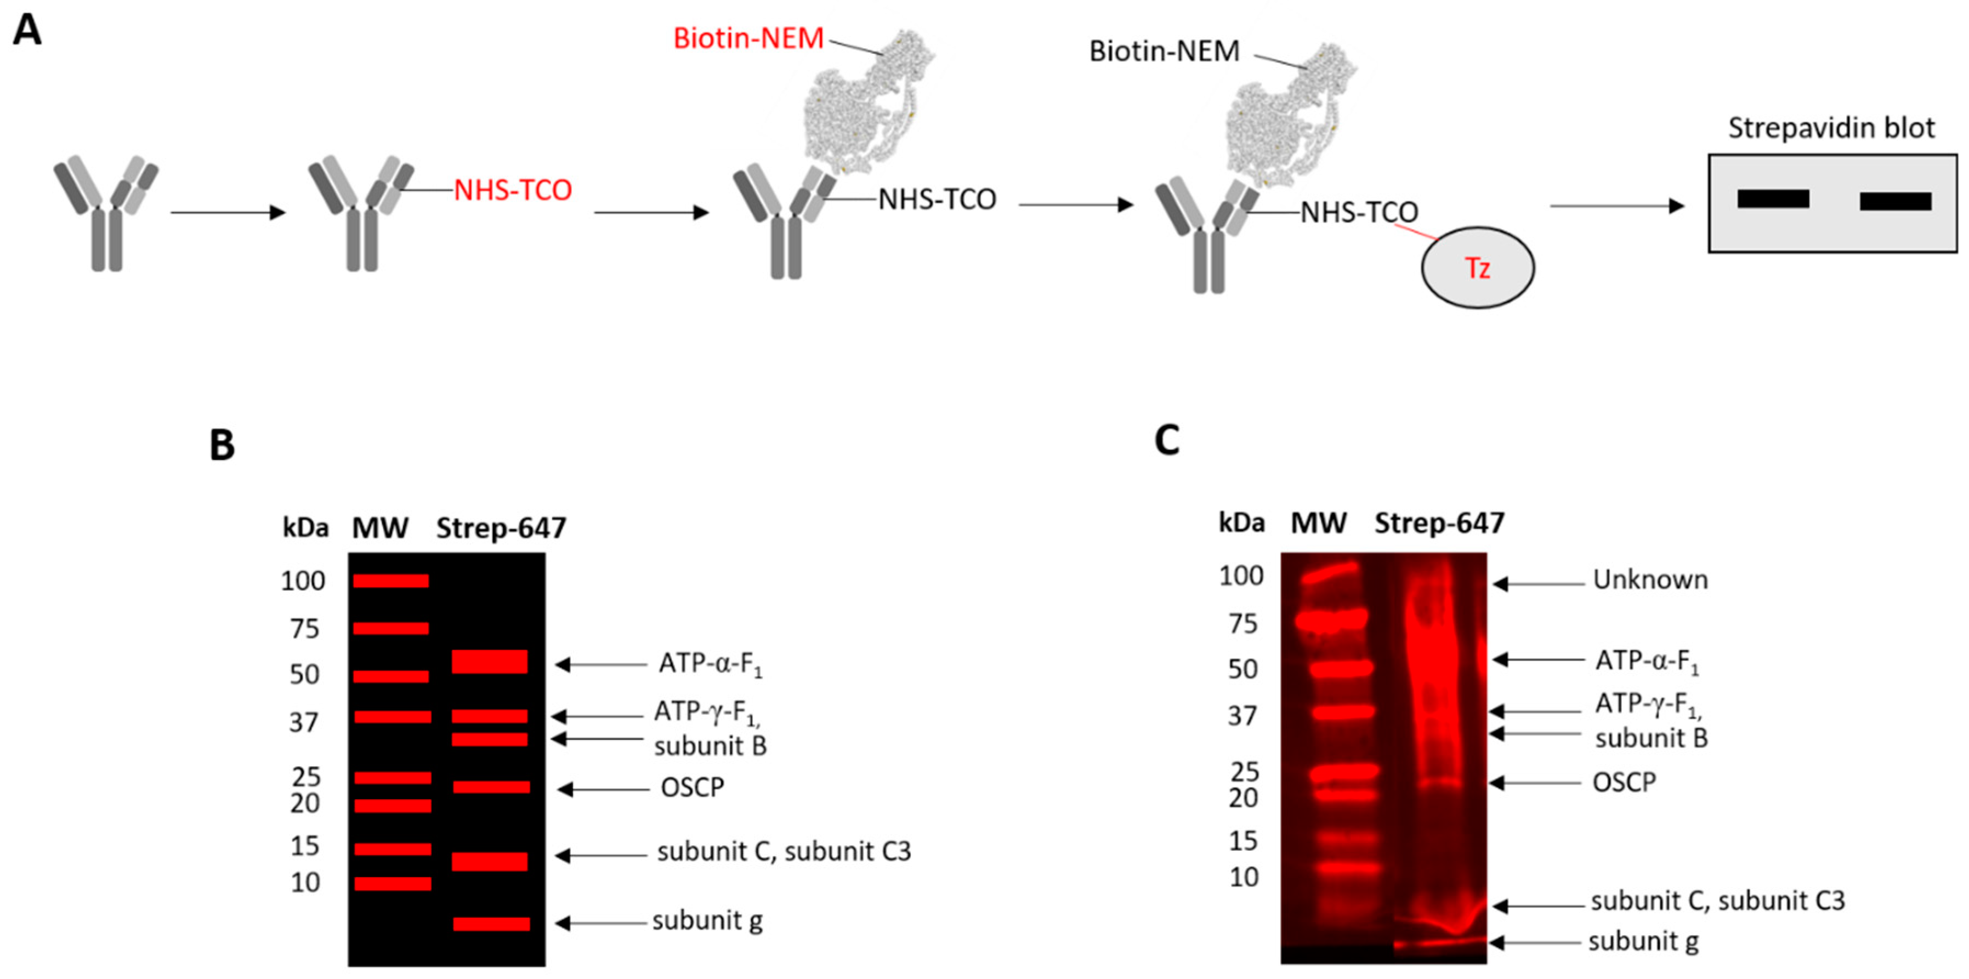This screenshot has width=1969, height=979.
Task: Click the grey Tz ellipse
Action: point(1477,267)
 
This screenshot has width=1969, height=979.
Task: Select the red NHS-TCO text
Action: point(512,190)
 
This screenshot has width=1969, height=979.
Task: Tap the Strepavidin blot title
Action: point(1831,128)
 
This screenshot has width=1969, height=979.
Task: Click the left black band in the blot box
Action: point(1773,198)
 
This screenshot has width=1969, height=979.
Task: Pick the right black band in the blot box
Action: point(1895,201)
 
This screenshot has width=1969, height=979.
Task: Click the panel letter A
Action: point(27,31)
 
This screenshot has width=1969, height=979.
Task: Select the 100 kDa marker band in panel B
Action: point(390,581)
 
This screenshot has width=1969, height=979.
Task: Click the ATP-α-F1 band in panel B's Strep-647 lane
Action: point(489,661)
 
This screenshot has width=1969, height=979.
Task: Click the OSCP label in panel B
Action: point(692,787)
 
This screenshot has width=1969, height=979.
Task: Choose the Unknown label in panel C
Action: point(1649,580)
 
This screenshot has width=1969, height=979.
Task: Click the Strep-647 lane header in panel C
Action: point(1439,523)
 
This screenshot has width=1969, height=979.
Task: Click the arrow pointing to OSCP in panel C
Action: point(1535,783)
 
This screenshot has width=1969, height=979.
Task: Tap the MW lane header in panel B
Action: point(380,528)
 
